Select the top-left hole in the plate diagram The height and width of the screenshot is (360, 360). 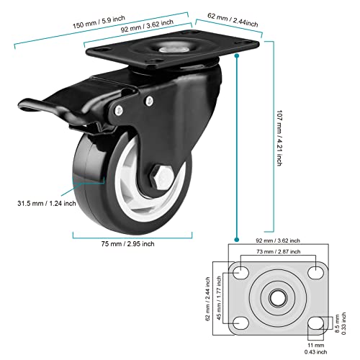(240, 274)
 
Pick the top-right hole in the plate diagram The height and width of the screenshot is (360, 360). (314, 274)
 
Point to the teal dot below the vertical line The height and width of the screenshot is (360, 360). (236, 238)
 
